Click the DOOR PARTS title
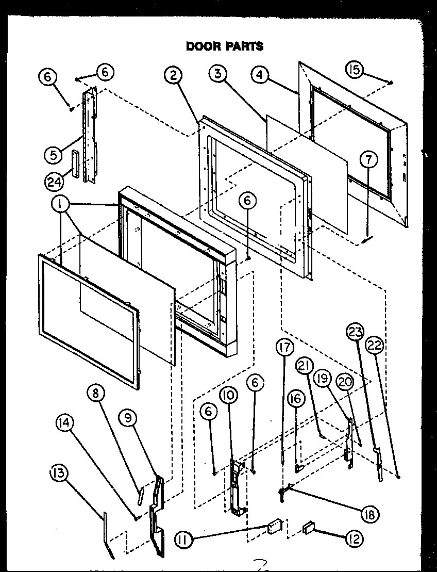click(x=224, y=46)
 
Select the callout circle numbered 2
click(x=174, y=76)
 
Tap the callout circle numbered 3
click(x=218, y=74)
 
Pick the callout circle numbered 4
click(x=260, y=74)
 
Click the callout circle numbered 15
click(x=355, y=70)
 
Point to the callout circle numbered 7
click(x=368, y=160)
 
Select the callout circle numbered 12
click(x=354, y=539)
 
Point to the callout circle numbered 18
click(x=370, y=514)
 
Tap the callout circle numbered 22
click(x=375, y=346)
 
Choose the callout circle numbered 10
click(x=228, y=396)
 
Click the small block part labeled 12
click(x=310, y=527)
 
